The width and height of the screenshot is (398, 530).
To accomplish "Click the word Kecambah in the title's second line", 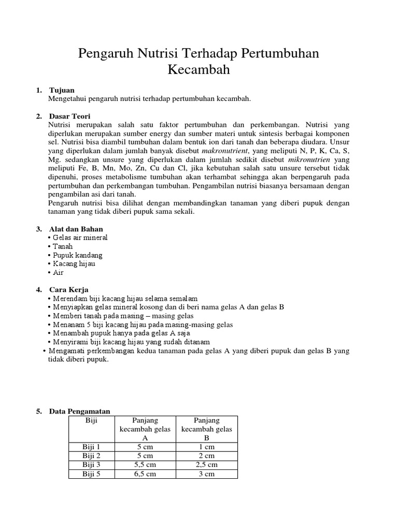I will click(198, 69).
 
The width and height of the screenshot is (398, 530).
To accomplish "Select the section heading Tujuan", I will click(62, 90).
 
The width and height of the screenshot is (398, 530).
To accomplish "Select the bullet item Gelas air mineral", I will click(79, 238).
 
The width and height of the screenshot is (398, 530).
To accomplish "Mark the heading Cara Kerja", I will click(68, 290).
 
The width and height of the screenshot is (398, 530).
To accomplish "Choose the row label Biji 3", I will click(91, 465).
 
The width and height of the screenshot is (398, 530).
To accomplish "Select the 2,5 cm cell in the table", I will click(207, 465).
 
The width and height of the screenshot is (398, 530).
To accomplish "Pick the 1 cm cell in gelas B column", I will click(207, 447).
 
